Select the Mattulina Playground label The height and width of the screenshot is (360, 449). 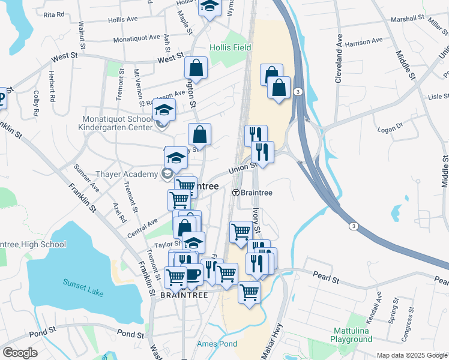pyautogui.click(x=351, y=335)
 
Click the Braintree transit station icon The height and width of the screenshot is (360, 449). pyautogui.click(x=236, y=193)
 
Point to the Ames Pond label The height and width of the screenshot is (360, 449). pyautogui.click(x=217, y=344)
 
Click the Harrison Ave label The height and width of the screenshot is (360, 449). pyautogui.click(x=364, y=42)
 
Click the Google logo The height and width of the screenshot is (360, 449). pyautogui.click(x=20, y=353)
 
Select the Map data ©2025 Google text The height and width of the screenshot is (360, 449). pyautogui.click(x=412, y=355)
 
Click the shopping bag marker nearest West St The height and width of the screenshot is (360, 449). pyautogui.click(x=196, y=68)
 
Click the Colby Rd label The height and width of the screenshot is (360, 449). pyautogui.click(x=37, y=103)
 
